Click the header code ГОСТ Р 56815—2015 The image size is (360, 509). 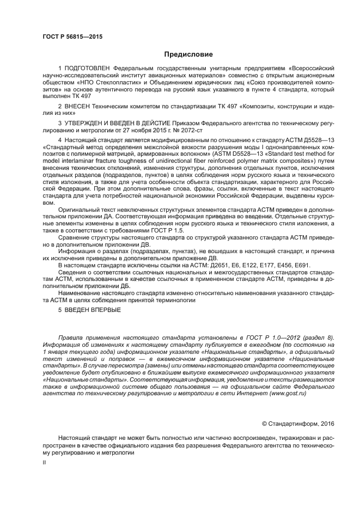[x=72, y=37]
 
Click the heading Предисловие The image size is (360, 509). [x=188, y=54]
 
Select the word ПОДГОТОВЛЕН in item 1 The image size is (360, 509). [x=89, y=68]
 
